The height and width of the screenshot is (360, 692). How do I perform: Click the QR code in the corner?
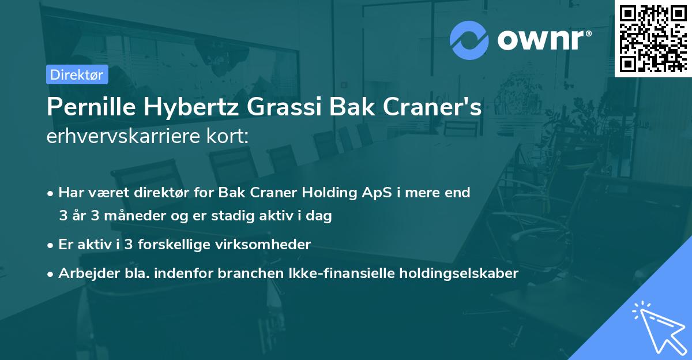click(653, 39)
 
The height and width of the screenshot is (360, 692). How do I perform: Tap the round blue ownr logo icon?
click(469, 40)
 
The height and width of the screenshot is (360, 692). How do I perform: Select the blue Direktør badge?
click(77, 74)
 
